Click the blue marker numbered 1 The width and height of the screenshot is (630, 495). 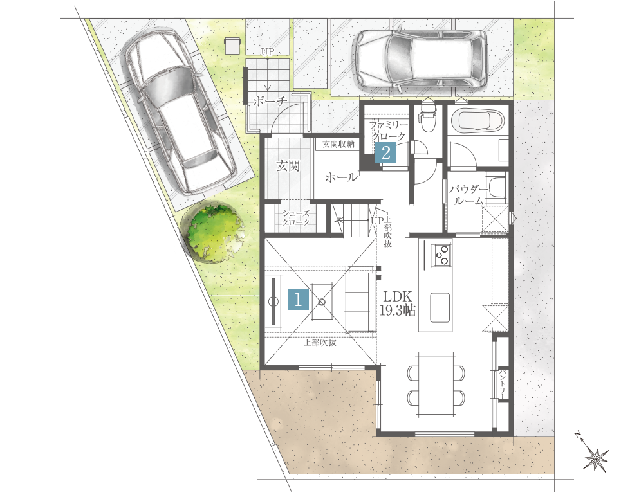[x=298, y=300]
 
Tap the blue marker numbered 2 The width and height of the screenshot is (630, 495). [x=385, y=153]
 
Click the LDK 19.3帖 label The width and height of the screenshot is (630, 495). [x=397, y=303]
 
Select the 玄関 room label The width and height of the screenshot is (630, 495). [x=288, y=165]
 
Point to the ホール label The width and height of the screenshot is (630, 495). [x=340, y=177]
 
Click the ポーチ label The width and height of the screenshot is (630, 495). [x=270, y=101]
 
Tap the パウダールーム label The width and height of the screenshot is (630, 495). [x=468, y=195]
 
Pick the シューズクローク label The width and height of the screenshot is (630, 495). [x=296, y=217]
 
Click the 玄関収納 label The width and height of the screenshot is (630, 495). [x=338, y=144]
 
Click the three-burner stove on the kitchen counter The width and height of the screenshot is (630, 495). [x=441, y=255]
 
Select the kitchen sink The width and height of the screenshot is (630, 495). [x=440, y=307]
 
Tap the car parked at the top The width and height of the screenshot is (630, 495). [x=420, y=59]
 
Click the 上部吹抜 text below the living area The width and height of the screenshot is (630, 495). [x=320, y=343]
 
